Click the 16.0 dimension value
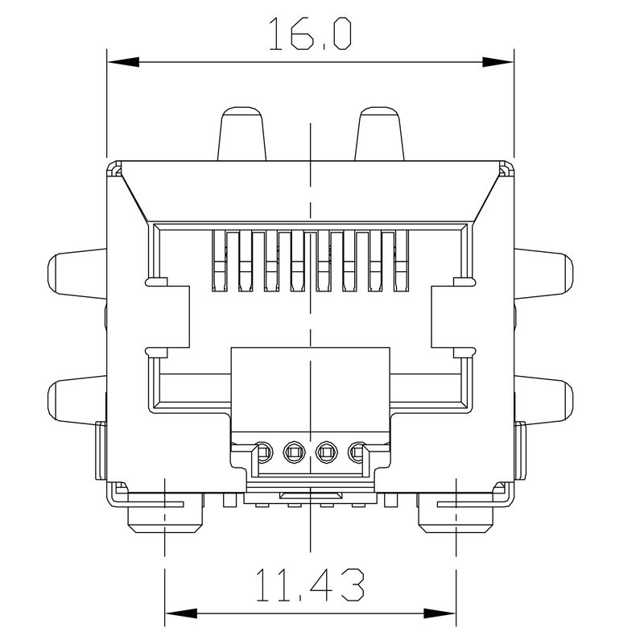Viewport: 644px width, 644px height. click(x=309, y=36)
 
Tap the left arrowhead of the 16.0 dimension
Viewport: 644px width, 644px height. click(x=122, y=61)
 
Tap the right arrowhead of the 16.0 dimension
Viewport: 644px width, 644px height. click(x=498, y=61)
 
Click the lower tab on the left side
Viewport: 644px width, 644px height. click(x=76, y=398)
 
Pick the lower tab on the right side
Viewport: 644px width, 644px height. click(x=544, y=398)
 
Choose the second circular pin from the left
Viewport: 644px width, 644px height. click(x=294, y=453)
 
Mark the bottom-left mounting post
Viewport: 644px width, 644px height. click(x=164, y=520)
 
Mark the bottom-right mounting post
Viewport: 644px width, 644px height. click(x=456, y=520)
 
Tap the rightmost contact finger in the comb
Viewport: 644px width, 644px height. click(x=402, y=260)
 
